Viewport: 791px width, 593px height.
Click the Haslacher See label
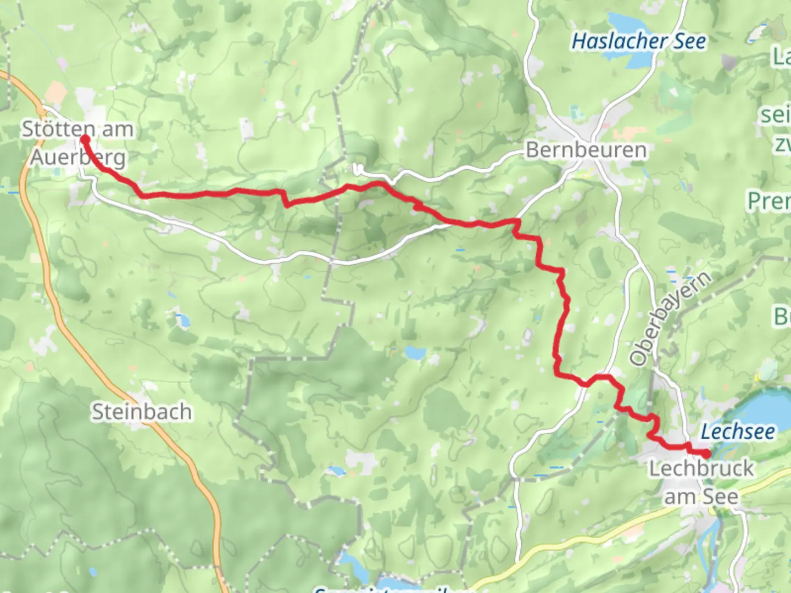(x=639, y=41)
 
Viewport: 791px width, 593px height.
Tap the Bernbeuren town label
(x=586, y=150)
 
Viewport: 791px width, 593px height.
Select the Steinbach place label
(x=142, y=412)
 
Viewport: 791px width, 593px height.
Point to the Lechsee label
(x=738, y=432)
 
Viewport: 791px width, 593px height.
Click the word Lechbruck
(x=701, y=468)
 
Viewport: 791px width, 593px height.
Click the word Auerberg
(x=77, y=158)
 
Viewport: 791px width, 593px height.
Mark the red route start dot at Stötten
(x=86, y=139)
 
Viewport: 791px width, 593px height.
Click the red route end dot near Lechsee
(x=706, y=454)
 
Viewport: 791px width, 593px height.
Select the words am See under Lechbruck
(x=701, y=496)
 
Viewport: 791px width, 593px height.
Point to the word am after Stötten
(x=118, y=130)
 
